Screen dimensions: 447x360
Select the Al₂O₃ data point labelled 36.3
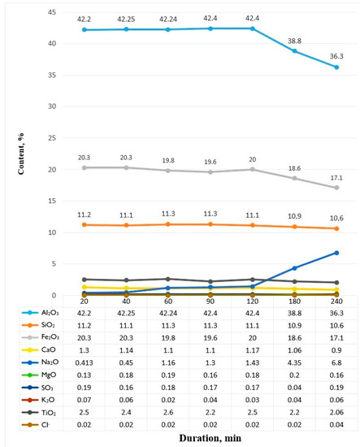point(336,67)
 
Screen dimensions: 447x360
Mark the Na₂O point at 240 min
point(336,253)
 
